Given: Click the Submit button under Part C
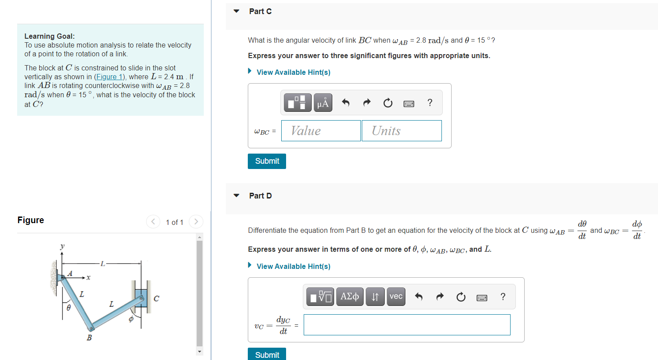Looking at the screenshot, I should pyautogui.click(x=267, y=161).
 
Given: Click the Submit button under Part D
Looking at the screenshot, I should pyautogui.click(x=267, y=354).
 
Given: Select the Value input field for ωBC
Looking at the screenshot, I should pyautogui.click(x=321, y=131).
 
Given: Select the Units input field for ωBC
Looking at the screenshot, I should pyautogui.click(x=401, y=131).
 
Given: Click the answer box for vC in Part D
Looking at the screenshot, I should pyautogui.click(x=407, y=325).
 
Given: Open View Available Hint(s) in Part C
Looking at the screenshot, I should pyautogui.click(x=293, y=72).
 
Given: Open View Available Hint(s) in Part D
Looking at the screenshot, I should pyautogui.click(x=293, y=266).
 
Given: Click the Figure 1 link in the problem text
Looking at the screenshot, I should pyautogui.click(x=110, y=77).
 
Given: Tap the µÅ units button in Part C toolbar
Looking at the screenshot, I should pyautogui.click(x=323, y=103).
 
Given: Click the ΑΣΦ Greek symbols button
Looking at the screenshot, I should pyautogui.click(x=349, y=297).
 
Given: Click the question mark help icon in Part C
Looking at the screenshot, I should pyautogui.click(x=430, y=103).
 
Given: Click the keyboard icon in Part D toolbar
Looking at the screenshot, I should pyautogui.click(x=482, y=298).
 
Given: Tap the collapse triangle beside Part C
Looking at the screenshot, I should pyautogui.click(x=236, y=11).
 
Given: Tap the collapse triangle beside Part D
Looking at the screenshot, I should pyautogui.click(x=236, y=195).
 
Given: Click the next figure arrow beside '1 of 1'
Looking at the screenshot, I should pyautogui.click(x=196, y=221).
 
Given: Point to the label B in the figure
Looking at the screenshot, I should pyautogui.click(x=89, y=338).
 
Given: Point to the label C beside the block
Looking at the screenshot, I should pyautogui.click(x=156, y=298).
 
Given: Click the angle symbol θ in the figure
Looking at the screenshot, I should pyautogui.click(x=69, y=308).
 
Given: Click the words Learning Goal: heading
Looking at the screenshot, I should pyautogui.click(x=49, y=36).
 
